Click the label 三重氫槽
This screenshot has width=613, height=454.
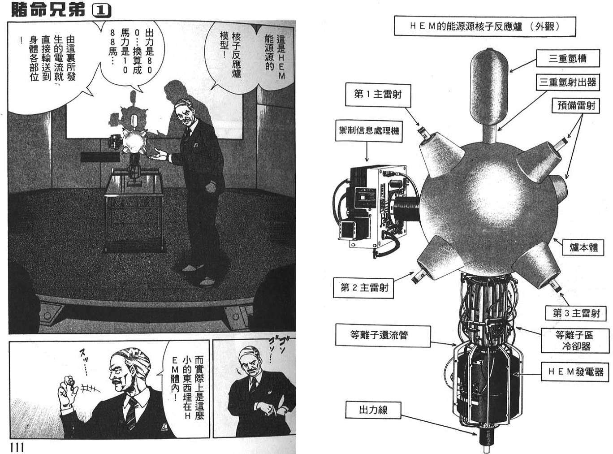pos(568,58)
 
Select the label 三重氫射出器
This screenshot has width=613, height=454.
pos(568,82)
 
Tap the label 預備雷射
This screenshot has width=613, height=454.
pos(576,106)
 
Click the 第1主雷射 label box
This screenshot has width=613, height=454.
pos(377,94)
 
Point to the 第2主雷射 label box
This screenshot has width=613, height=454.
pos(364,287)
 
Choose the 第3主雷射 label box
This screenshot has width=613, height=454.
pos(576,313)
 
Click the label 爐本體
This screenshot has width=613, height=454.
pos(583,246)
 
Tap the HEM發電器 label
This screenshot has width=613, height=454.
pos(575,372)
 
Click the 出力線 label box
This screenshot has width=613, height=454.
pos(373,410)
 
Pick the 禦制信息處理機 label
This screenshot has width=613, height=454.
pos(368,131)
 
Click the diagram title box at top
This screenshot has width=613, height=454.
pos(484,26)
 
